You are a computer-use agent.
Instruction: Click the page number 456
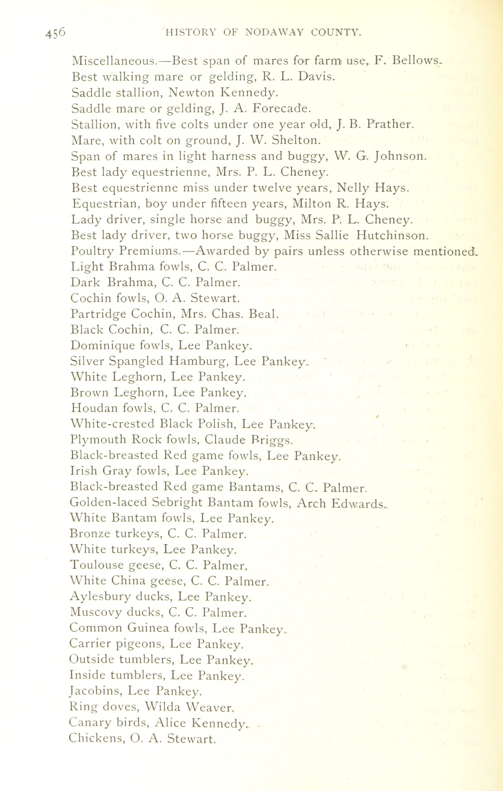[x=55, y=34]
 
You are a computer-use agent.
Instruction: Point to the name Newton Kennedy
[x=223, y=93]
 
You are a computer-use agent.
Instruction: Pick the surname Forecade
[x=281, y=108]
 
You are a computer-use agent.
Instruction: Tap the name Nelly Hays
[x=373, y=188]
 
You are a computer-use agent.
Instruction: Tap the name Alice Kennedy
[x=200, y=723]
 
